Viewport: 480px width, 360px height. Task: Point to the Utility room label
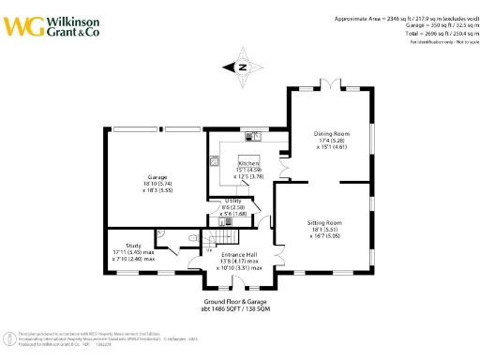coord(233,201)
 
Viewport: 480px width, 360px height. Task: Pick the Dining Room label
coord(330,133)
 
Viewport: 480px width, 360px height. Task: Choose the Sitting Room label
coord(325,222)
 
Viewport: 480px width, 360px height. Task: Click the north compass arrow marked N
coord(240,67)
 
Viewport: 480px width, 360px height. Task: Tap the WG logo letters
coord(22,25)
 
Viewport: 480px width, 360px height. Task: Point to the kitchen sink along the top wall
coord(258,137)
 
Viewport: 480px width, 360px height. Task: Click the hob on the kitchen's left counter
coord(215,161)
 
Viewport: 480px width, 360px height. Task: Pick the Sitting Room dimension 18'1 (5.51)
coord(325,231)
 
